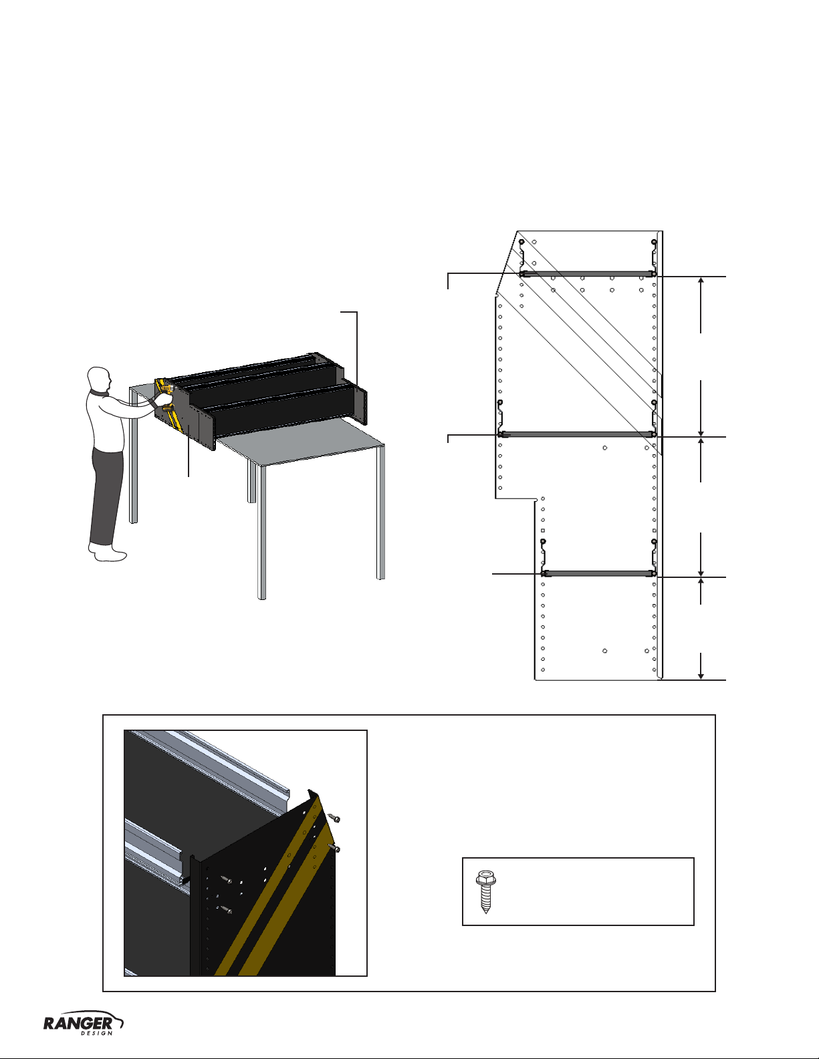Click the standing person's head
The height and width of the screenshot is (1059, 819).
100,379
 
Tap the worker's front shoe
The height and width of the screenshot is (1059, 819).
111,555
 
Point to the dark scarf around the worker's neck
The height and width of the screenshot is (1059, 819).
100,392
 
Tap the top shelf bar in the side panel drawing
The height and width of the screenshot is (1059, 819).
588,275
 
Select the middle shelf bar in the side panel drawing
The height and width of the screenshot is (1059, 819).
577,434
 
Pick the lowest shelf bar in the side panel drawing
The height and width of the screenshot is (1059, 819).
599,574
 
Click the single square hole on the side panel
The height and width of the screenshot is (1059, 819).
543,531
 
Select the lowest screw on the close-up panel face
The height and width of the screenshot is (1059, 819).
226,909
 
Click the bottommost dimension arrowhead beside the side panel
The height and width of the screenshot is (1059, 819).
701,675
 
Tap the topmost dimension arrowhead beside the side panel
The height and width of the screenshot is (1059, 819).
701,281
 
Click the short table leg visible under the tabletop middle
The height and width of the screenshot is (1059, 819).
251,482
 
